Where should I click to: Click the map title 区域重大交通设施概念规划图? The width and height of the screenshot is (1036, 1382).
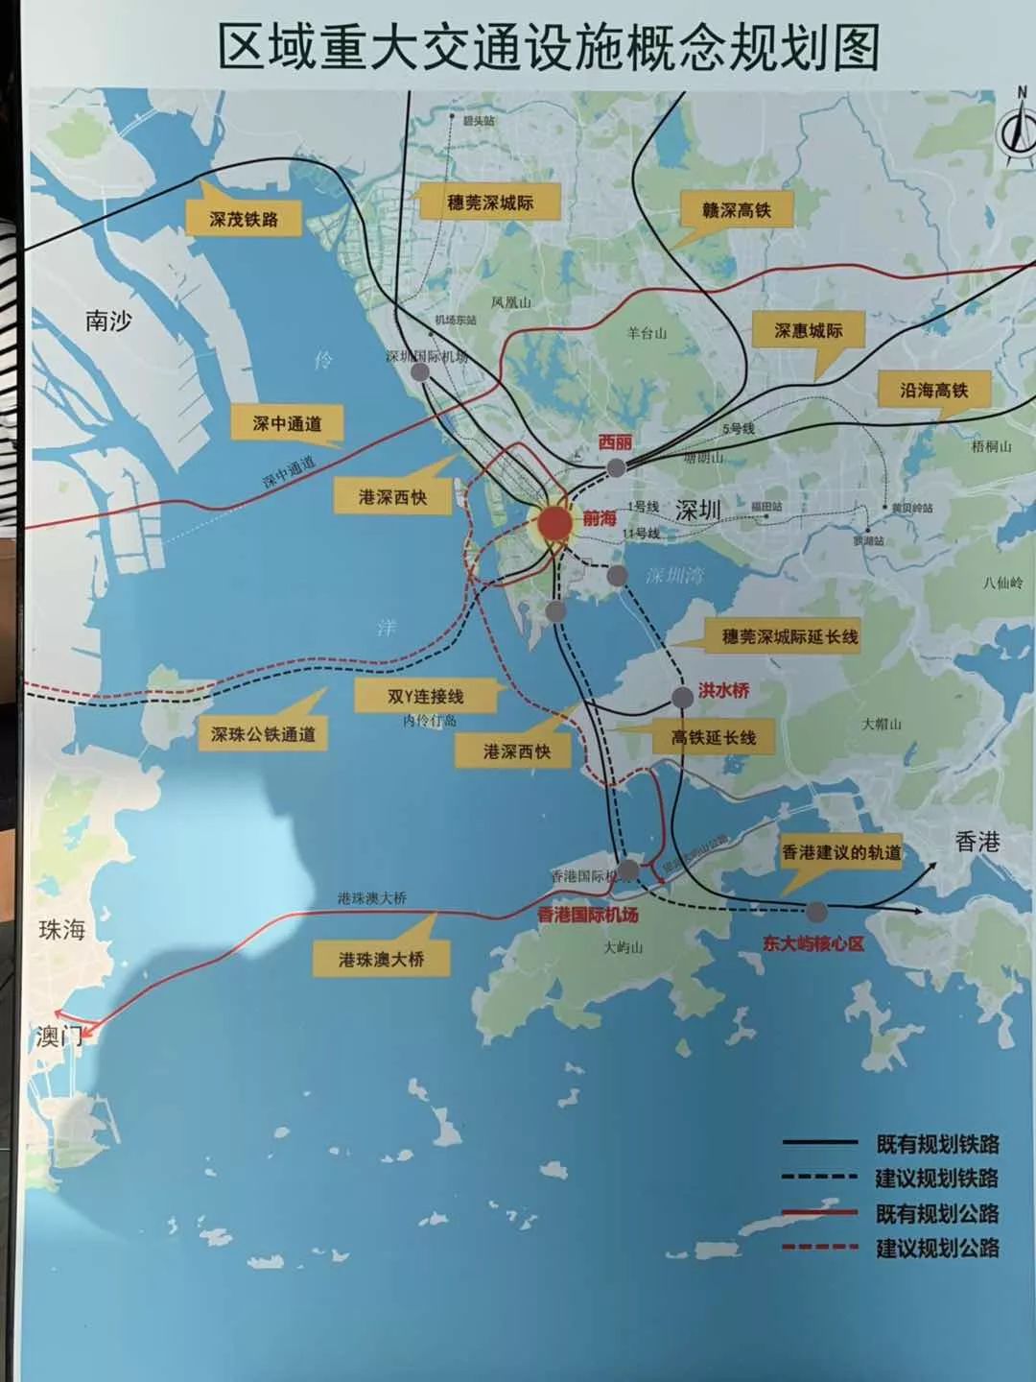click(548, 47)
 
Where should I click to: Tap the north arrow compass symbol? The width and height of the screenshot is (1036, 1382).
click(1014, 131)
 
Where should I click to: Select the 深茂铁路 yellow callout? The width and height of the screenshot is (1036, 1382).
click(244, 219)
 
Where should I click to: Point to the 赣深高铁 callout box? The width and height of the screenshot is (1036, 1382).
click(736, 210)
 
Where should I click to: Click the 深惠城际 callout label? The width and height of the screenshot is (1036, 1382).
click(808, 331)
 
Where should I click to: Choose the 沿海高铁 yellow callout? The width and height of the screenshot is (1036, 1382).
click(933, 390)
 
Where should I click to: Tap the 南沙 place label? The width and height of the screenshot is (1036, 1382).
click(108, 321)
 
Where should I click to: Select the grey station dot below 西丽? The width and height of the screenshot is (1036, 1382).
click(616, 467)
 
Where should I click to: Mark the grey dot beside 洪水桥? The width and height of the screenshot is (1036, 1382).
click(681, 697)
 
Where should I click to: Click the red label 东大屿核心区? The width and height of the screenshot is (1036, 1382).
click(813, 943)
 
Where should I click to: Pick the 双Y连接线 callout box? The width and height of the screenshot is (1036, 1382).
click(425, 697)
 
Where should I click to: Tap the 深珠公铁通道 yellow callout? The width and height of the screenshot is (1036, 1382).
click(263, 734)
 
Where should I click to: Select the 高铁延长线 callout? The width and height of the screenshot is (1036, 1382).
click(714, 737)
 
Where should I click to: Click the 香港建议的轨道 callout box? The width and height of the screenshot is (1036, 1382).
click(841, 852)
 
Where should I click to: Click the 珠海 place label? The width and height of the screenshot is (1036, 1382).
click(61, 929)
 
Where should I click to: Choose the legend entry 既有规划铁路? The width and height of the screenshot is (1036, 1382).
click(936, 1143)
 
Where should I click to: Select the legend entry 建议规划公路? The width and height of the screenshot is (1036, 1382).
click(936, 1248)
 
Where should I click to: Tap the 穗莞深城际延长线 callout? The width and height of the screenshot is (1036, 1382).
click(789, 636)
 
